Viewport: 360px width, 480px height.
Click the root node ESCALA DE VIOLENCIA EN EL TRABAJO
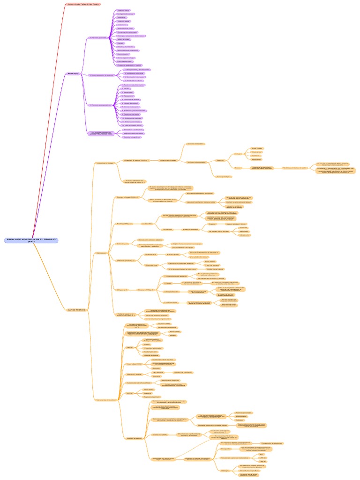tap(31, 240)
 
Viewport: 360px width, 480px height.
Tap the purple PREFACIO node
tap(73, 74)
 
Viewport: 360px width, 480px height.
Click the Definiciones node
tap(101, 253)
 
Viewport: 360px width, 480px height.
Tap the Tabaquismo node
tap(128, 96)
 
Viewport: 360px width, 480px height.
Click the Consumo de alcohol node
tap(131, 99)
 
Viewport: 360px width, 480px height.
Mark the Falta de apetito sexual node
tap(132, 126)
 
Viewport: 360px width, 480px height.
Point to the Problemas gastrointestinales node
tap(135, 111)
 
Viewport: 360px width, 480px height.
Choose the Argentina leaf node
tap(135, 393)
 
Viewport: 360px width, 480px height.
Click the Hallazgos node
tap(225, 470)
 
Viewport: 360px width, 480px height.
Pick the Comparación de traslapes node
tap(272, 443)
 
